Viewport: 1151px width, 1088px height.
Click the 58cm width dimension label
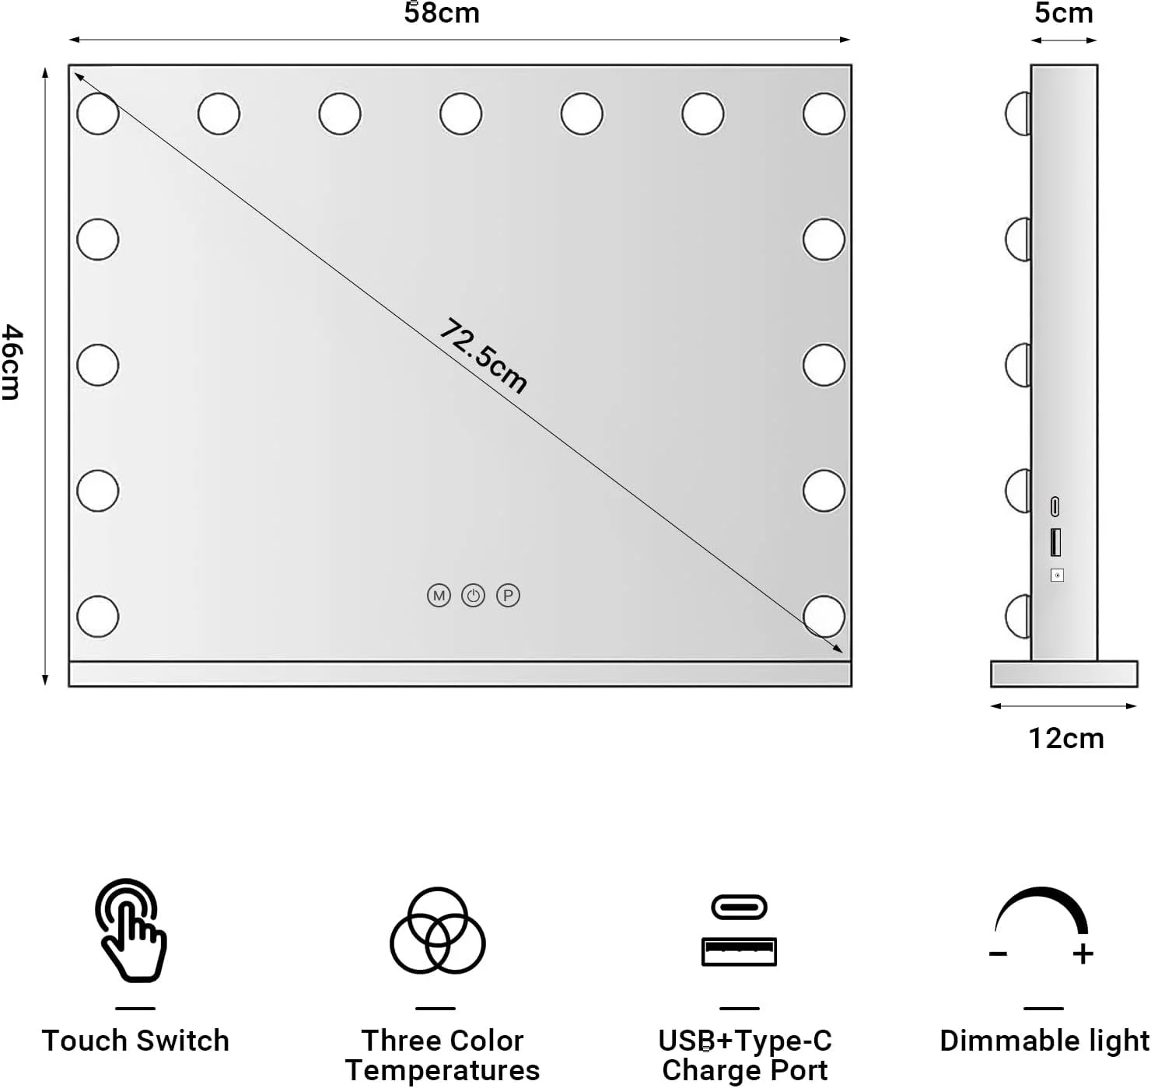[442, 13]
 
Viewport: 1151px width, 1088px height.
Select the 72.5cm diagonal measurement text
[484, 355]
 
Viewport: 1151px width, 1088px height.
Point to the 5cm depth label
[1063, 13]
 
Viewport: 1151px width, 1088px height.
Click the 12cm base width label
[1066, 738]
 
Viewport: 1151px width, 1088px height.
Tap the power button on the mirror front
[473, 596]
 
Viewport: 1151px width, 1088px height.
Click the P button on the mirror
[508, 596]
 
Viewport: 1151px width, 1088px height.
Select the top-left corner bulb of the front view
[98, 114]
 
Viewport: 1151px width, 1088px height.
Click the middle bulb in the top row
[460, 114]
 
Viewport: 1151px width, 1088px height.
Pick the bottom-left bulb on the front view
[98, 616]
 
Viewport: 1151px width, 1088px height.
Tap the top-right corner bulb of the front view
[824, 114]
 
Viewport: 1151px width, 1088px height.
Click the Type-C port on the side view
[1055, 506]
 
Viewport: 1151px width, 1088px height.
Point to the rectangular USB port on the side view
[1055, 541]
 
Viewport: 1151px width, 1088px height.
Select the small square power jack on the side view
[1057, 575]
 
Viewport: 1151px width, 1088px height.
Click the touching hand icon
[131, 930]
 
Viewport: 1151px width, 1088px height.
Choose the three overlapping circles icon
[437, 930]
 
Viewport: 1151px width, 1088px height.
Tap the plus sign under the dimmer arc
[1083, 954]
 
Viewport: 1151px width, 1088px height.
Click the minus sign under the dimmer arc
[998, 954]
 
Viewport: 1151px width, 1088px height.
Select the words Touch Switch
[135, 1041]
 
